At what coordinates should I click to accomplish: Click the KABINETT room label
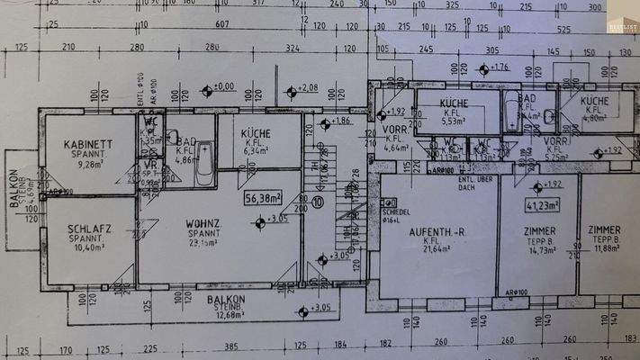point(87,144)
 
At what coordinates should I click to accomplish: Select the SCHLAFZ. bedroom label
point(89,229)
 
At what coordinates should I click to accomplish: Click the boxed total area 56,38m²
point(263,197)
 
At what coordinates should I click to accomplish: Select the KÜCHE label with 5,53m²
point(454,104)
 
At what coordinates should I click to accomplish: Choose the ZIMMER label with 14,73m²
point(539,231)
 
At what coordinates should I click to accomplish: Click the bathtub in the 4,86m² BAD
point(205,163)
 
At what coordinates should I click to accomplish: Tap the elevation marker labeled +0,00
point(207,89)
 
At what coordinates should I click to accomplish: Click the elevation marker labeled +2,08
point(290,91)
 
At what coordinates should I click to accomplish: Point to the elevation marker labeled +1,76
point(484,69)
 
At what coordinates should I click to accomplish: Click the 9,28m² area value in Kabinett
point(90,165)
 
